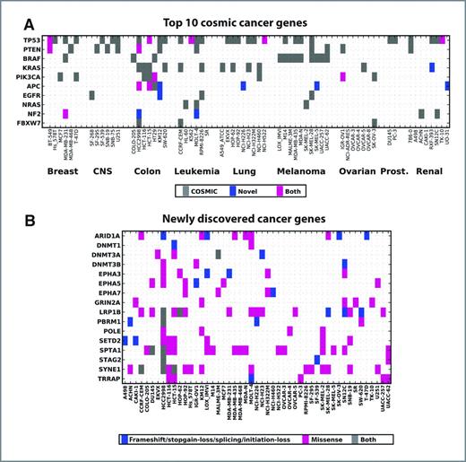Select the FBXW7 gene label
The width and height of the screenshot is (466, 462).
(x=30, y=123)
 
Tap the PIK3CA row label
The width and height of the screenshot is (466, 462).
(x=30, y=77)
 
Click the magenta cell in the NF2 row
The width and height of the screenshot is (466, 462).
(x=65, y=112)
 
